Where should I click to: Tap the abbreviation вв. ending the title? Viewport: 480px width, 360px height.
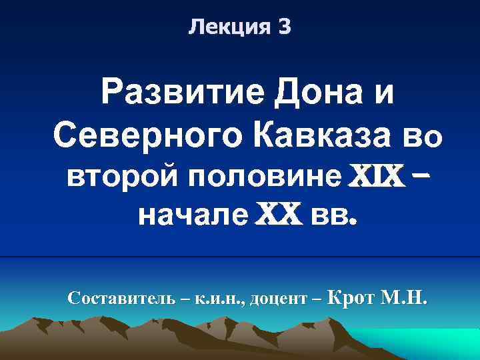[335, 216]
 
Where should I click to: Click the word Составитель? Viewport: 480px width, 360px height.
[122, 298]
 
